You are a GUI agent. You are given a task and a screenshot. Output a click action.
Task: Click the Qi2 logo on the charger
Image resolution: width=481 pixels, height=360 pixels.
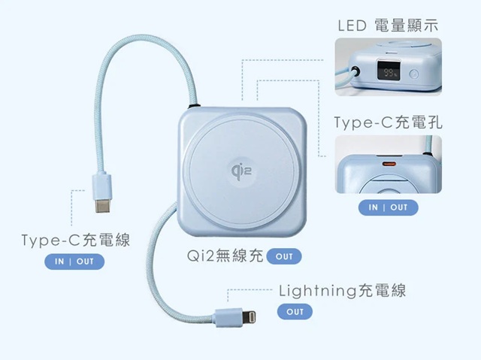241,171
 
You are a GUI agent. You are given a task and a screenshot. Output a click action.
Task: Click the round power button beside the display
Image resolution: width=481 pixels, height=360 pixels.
414,74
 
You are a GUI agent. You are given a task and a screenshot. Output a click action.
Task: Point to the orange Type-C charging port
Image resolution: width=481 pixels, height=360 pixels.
389,164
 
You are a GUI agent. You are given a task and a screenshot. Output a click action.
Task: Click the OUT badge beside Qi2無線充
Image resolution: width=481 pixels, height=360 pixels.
284,256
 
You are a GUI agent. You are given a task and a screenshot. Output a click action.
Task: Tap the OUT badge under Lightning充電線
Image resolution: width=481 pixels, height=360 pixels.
295,312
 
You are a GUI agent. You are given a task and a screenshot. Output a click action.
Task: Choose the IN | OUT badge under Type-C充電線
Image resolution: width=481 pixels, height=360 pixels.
74,262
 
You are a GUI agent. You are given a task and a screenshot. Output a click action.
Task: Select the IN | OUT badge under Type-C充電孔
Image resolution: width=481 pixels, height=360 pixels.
388,207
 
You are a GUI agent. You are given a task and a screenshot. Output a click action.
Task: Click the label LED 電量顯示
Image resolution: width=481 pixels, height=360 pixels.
388,26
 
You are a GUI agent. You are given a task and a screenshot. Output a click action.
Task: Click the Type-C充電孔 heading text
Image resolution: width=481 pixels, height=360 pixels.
388,122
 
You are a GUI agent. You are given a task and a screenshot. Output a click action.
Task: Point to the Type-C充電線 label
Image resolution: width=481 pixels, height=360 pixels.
76,240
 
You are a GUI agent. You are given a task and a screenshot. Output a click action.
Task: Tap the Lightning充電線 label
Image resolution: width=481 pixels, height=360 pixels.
342,290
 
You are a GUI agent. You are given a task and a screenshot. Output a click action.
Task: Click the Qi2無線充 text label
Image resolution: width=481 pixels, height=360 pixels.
225,256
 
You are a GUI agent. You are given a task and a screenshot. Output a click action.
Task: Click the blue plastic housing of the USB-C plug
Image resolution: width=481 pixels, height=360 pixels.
103,186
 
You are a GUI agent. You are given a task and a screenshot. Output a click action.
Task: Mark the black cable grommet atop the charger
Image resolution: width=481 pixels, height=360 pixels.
194,106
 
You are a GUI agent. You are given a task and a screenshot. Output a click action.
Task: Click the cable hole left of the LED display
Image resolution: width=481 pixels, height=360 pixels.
355,72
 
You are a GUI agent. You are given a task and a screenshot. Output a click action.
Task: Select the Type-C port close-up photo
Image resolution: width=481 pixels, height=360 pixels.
388,165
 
